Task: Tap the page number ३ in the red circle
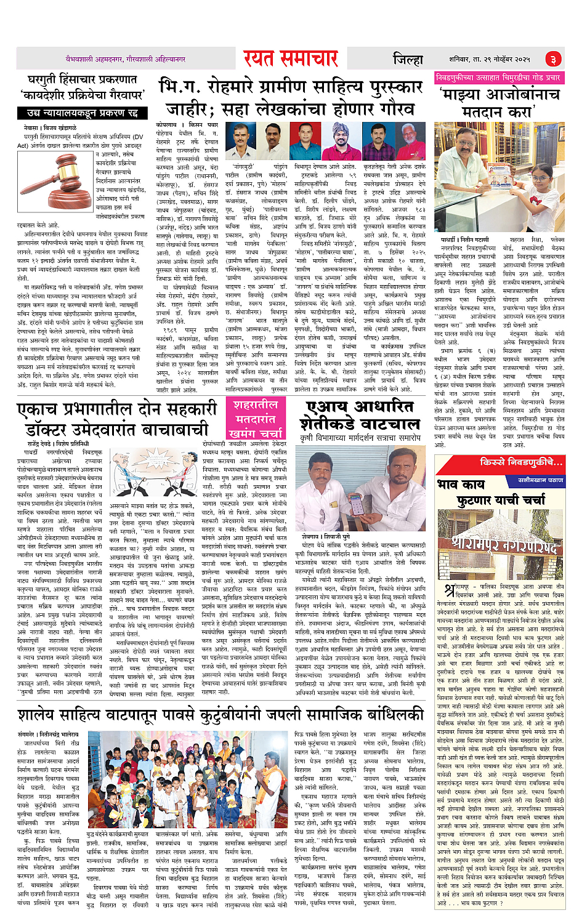[x=553, y=59]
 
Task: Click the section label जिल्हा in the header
[x=408, y=59]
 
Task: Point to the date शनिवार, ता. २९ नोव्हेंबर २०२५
[x=489, y=59]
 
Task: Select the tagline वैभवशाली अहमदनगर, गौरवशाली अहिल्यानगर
[x=126, y=59]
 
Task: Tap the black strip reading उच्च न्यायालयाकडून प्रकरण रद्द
[x=81, y=113]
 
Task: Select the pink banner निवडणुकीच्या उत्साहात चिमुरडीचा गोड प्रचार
[x=498, y=78]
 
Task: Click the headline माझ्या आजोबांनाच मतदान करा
[x=499, y=103]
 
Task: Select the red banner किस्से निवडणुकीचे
[x=521, y=462]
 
